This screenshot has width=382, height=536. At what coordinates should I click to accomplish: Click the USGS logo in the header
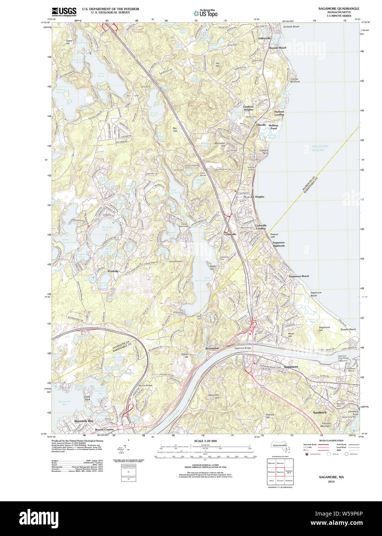click(x=64, y=11)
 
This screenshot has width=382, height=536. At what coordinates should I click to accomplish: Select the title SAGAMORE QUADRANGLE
click(x=338, y=8)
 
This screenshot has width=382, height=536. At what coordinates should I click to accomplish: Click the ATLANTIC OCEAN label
click(x=320, y=148)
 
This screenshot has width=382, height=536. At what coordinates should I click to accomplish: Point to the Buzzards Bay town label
click(x=84, y=421)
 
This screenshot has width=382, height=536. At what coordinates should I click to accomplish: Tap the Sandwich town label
click(x=319, y=412)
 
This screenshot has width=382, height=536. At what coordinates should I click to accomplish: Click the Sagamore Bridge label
click(x=242, y=348)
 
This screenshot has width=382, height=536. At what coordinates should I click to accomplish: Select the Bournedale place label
click(x=212, y=348)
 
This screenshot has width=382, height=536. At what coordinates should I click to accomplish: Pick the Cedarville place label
click(x=230, y=234)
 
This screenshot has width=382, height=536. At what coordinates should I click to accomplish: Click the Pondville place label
click(x=113, y=271)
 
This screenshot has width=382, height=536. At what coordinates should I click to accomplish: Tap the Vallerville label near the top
click(x=264, y=38)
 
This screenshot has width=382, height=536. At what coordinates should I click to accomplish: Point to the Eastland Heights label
click(x=248, y=108)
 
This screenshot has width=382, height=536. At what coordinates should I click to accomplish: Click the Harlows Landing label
click(x=279, y=113)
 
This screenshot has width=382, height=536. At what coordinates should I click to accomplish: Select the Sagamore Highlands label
click(x=279, y=244)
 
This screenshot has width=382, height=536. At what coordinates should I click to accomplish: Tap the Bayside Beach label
click(x=277, y=48)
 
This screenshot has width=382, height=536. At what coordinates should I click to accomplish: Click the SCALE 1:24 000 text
click(x=205, y=441)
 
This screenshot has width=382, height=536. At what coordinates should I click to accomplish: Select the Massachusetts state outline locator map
click(x=280, y=445)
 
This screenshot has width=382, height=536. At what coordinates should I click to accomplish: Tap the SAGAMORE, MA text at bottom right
click(x=331, y=477)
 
